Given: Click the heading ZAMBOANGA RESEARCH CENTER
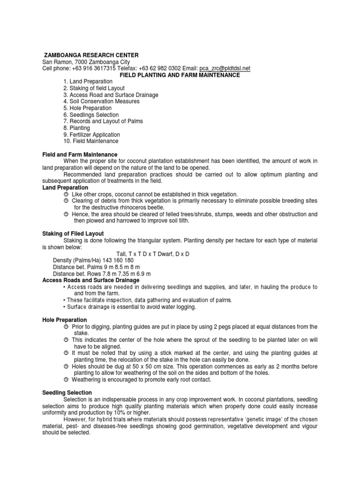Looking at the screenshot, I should [91, 55].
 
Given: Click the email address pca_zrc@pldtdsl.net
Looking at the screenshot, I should [225, 68].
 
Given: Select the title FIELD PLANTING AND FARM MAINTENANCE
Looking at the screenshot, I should [180, 75].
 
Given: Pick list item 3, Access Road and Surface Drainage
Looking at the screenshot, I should [111, 95].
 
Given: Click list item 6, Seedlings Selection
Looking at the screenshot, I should [91, 115].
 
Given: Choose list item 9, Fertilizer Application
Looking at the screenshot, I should [91, 135].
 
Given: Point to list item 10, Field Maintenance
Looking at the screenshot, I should [91, 141].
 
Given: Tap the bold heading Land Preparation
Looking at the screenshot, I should [65, 187].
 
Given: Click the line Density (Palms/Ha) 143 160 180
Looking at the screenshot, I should [93, 260].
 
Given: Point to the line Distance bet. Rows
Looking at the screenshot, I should [101, 273].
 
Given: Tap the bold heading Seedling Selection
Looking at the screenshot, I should [67, 392].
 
